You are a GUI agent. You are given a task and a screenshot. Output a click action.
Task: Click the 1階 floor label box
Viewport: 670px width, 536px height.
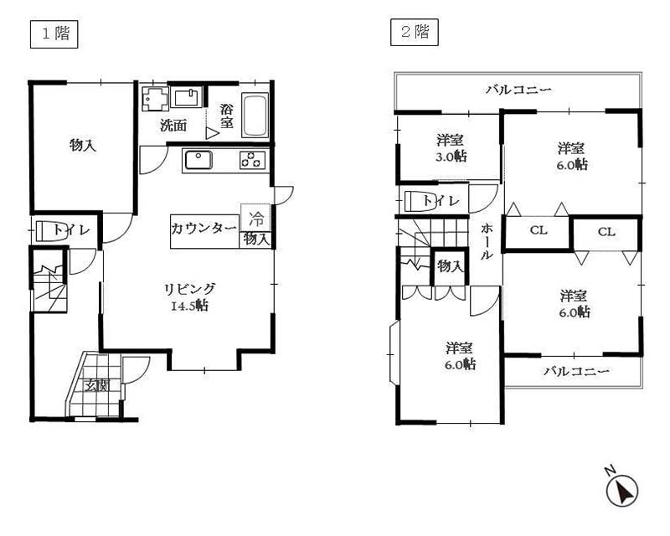pyautogui.click(x=54, y=33)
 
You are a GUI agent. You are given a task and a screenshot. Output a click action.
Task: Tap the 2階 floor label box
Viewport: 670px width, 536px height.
pyautogui.click(x=414, y=32)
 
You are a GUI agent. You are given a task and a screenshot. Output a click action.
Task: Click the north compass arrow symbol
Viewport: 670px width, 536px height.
pyautogui.click(x=622, y=490)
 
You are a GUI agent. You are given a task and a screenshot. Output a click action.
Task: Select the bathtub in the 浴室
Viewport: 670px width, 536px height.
pyautogui.click(x=255, y=115)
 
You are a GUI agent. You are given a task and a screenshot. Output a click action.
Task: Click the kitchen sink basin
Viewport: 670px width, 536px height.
pyautogui.click(x=198, y=160)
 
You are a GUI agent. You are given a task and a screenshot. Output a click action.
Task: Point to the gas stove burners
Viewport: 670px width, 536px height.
pyautogui.click(x=253, y=160)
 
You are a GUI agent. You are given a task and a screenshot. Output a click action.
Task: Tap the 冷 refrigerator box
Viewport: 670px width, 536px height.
pyautogui.click(x=255, y=218)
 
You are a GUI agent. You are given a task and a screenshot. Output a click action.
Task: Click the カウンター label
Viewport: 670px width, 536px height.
pyautogui.click(x=204, y=229)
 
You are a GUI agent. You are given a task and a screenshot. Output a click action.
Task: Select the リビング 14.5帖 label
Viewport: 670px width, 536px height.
pyautogui.click(x=190, y=297)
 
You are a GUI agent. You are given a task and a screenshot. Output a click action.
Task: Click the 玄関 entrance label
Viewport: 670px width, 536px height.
pyautogui.click(x=97, y=386)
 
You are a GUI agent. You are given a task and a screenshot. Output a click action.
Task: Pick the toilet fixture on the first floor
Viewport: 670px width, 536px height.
pyautogui.click(x=51, y=231)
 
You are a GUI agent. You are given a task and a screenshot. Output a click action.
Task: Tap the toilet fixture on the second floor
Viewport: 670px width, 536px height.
pyautogui.click(x=420, y=201)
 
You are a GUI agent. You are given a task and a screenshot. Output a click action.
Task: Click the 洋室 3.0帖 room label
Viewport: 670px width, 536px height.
pyautogui.click(x=451, y=148)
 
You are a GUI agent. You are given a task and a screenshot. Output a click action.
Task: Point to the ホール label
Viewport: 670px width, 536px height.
pyautogui.click(x=487, y=241)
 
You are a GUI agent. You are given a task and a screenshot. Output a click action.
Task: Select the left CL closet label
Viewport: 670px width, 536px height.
pyautogui.click(x=539, y=230)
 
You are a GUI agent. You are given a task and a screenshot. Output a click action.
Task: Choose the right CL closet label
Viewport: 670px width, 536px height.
pyautogui.click(x=606, y=232)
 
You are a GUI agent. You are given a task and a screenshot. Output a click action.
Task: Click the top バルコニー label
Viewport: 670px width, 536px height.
pyautogui.click(x=518, y=90)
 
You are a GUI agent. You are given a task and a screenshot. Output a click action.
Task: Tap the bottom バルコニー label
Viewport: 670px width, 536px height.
pyautogui.click(x=576, y=371)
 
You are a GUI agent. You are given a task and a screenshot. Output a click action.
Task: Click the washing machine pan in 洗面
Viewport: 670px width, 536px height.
pyautogui.click(x=156, y=99)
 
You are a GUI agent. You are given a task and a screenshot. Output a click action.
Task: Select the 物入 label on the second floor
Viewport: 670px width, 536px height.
pyautogui.click(x=450, y=266)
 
